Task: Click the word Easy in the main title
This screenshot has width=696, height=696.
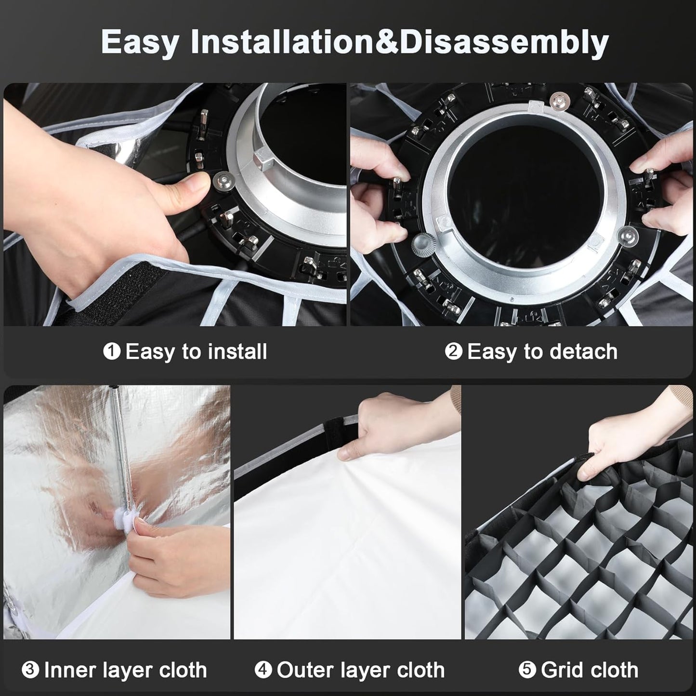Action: coord(140,42)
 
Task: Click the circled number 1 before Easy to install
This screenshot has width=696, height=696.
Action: coord(112,351)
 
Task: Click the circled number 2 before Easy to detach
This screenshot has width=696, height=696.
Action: coord(454,351)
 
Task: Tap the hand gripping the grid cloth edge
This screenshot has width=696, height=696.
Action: coord(629,433)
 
